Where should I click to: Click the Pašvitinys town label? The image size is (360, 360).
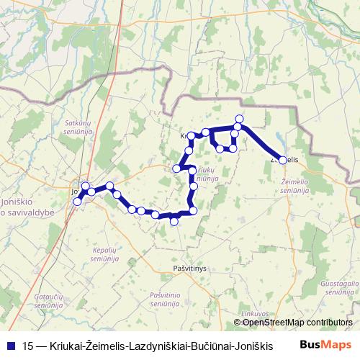(x=190, y=268)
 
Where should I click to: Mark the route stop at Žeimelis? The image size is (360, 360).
(x=282, y=160)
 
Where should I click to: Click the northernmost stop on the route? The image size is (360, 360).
(x=239, y=119)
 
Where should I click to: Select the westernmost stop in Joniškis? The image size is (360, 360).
(x=77, y=202)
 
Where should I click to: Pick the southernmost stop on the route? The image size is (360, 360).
(x=174, y=222)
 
